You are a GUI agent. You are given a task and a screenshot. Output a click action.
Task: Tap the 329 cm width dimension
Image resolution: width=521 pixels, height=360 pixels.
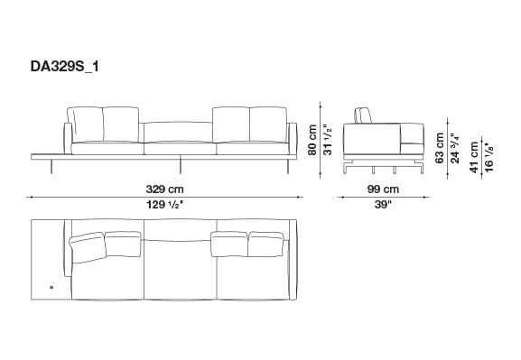pos(163,189)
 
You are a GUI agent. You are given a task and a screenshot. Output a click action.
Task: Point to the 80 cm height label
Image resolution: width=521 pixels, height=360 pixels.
pos(313,141)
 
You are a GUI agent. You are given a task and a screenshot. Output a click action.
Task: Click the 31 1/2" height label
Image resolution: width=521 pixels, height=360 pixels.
pos(330,141)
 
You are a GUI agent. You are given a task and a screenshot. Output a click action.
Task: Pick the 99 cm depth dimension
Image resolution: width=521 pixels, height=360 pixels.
pos(383,189)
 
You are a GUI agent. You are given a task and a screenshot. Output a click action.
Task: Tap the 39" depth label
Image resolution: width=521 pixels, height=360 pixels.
pos(383,206)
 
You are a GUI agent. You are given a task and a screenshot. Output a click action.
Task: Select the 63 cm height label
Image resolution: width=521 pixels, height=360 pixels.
pos(440,146)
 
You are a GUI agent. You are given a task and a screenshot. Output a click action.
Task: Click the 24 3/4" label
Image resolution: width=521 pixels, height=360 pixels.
pos(455,146)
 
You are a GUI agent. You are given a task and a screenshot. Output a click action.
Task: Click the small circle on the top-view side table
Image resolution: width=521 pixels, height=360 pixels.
pos(51,288)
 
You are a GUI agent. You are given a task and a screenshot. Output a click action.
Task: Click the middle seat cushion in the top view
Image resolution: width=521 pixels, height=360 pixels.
pos(179,271)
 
